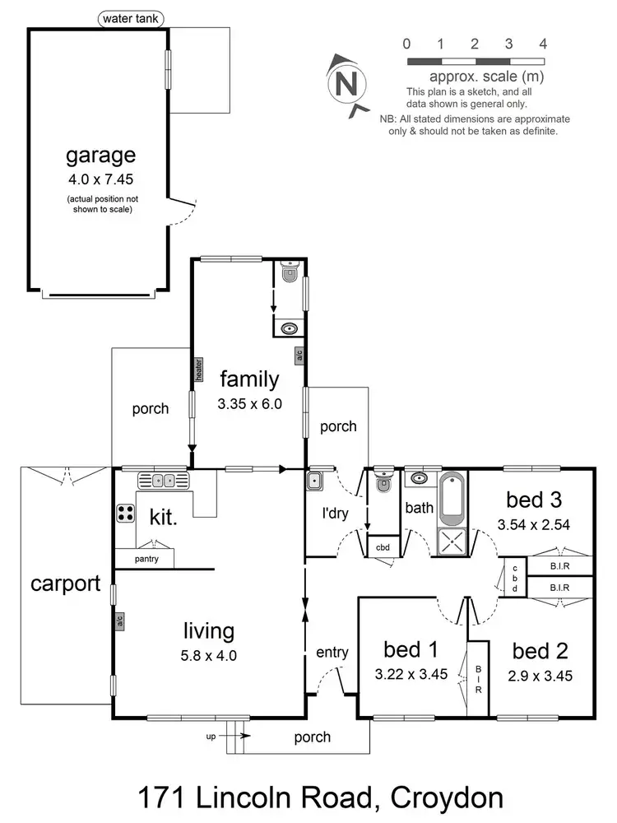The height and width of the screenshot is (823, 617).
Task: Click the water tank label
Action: coord(132,18)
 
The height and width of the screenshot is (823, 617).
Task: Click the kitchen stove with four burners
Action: coord(126,514)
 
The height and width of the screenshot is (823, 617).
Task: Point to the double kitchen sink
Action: coord(163,481)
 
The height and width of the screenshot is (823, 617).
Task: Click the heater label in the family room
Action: coord(198,370)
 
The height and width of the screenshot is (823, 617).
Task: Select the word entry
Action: coord(332,653)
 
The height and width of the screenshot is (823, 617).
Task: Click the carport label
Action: coord(65,584)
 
